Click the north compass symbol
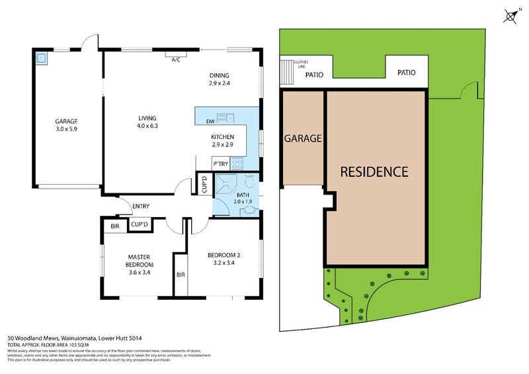tap(510, 17)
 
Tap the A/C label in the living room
tap(176, 60)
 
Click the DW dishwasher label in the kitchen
tap(210, 121)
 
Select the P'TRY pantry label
tap(220, 164)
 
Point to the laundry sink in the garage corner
tap(42, 58)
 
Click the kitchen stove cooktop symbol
tap(237, 164)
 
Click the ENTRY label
tap(141, 207)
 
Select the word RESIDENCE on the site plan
tap(374, 172)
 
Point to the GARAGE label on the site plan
tap(303, 139)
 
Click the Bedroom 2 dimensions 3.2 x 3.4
tap(222, 262)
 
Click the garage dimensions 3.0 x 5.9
tap(66, 130)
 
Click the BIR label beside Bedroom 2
tap(180, 275)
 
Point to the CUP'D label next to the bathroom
tap(204, 183)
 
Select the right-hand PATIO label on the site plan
tap(407, 73)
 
